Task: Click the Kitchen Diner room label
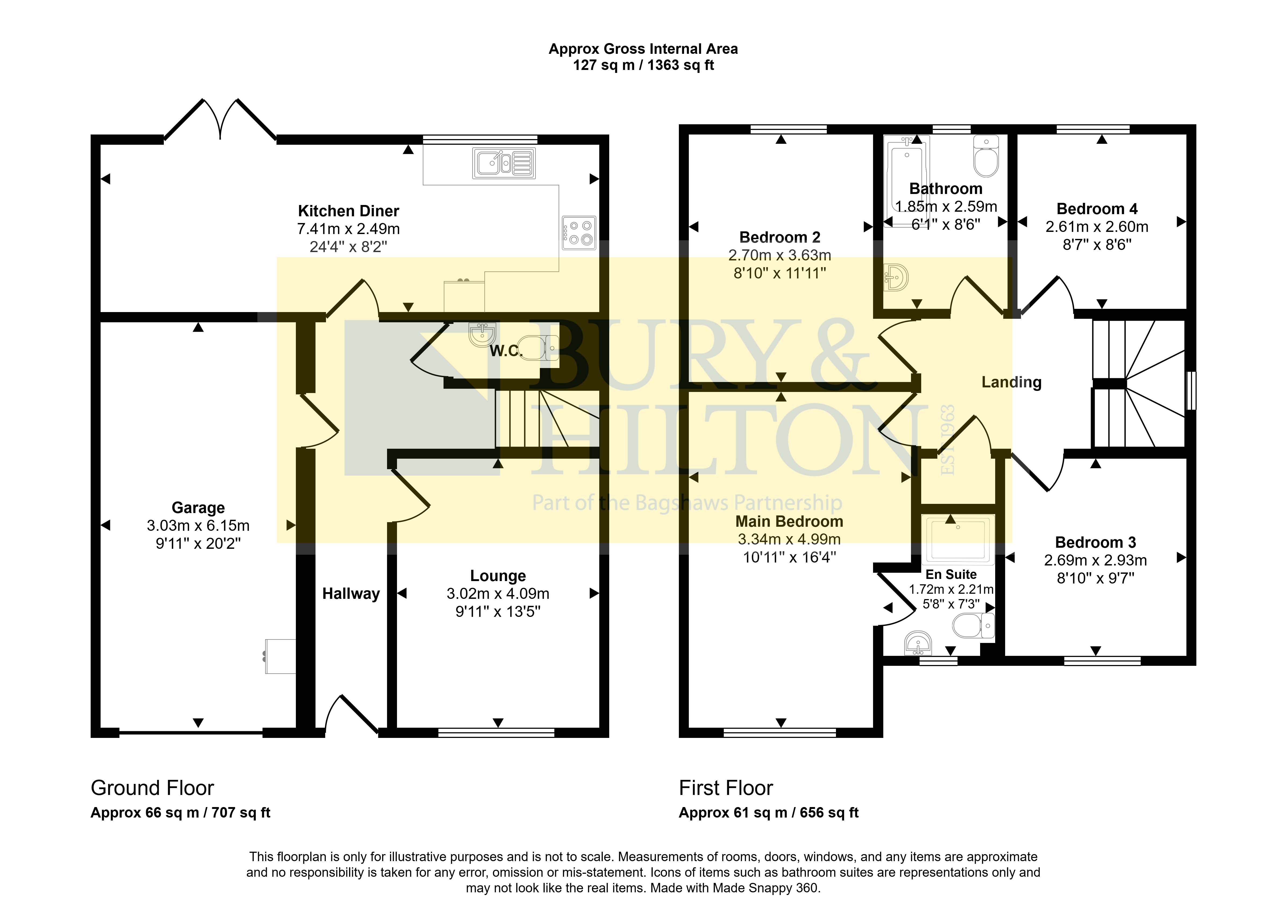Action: (349, 211)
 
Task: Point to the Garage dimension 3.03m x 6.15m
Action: (198, 526)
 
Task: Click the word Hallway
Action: (351, 594)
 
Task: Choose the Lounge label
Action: (498, 576)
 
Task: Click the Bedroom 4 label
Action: (1097, 209)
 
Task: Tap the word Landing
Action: (1011, 383)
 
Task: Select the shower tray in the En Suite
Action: (958, 540)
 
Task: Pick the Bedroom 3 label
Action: (1095, 543)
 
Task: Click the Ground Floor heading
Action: (152, 788)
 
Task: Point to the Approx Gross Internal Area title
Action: (643, 49)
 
